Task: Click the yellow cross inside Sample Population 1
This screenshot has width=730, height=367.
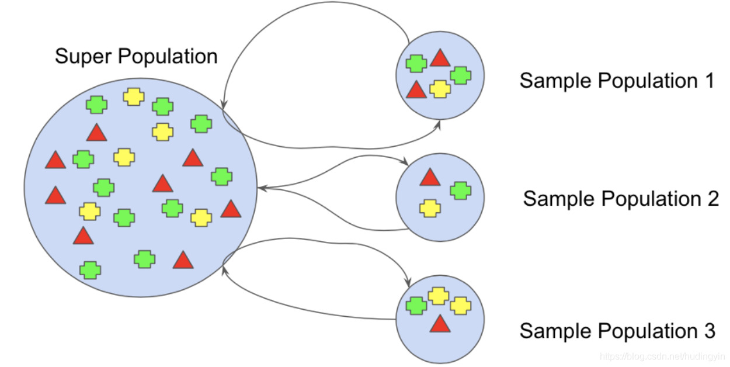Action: pos(440,89)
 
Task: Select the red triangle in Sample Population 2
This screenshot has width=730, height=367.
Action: pos(429,178)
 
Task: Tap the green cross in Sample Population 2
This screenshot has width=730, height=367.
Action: pos(461,191)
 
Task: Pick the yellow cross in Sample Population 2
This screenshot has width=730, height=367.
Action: pos(430,208)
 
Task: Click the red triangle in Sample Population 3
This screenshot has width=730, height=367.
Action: pos(440,324)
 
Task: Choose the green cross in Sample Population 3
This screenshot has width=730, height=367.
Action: pos(416,306)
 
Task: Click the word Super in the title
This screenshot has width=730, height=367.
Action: pos(84,57)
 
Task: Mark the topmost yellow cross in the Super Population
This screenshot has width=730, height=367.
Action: pos(134,96)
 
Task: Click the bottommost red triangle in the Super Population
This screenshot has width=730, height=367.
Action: pos(183,260)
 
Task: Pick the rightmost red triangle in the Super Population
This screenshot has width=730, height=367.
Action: pos(231,209)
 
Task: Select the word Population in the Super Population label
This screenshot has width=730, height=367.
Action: pos(168,57)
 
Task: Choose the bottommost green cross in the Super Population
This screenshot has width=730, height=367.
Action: pos(89,270)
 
